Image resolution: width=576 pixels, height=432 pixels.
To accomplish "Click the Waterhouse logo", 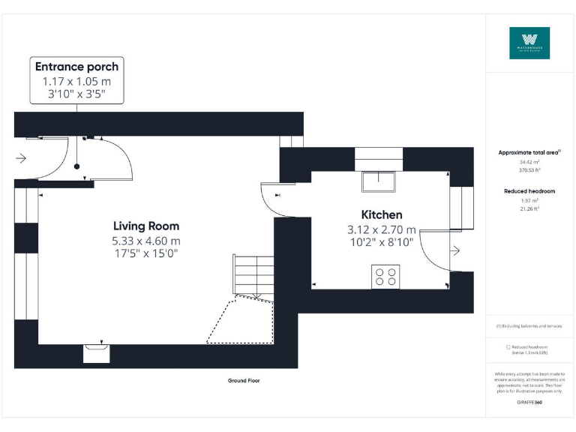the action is pos(529,43).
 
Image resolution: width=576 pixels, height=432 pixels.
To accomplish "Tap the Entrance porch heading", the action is pos(76,67).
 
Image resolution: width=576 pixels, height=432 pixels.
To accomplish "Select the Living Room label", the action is pos(146,226).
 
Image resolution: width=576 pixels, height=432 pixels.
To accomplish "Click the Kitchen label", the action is pos(382,214).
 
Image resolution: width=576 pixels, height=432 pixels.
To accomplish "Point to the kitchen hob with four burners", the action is pos(385,277).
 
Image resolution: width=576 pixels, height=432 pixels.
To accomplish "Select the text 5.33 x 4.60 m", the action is pos(146,241).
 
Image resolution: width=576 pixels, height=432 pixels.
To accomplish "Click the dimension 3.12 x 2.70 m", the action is pos(381,230).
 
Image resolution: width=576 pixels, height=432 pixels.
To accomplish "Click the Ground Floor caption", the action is pos(244,381).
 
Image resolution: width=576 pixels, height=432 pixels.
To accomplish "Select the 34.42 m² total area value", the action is pos(529,162).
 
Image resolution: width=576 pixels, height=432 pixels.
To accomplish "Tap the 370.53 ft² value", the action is pos(529,170).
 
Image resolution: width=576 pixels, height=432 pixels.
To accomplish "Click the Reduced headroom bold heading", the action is pos(529,191).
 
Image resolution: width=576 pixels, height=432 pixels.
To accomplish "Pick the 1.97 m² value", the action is pos(529,200).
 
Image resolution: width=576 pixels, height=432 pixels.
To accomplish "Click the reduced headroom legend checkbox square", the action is pos(508,347).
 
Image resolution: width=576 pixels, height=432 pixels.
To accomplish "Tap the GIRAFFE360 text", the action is pos(529,403).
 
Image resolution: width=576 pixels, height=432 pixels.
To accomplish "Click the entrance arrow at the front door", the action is pos(20,158).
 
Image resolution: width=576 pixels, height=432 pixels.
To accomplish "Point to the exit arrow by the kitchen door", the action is pos(454,250).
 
